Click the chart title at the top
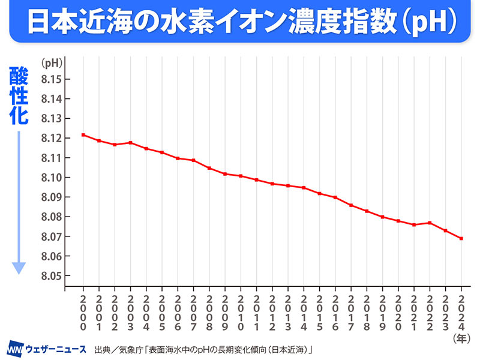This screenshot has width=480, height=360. click(240, 22)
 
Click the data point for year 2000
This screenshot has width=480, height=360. click(83, 135)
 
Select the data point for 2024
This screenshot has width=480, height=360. click(461, 238)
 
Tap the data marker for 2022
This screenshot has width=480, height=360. click(430, 223)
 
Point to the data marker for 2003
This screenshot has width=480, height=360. click(131, 143)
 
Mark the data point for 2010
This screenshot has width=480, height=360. click(241, 176)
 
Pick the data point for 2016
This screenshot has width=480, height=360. click(335, 197)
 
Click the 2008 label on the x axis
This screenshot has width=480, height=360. click(209, 313)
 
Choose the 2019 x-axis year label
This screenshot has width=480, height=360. click(383, 313)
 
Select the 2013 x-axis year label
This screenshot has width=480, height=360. click(288, 313)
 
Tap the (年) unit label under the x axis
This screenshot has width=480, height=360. click(460, 338)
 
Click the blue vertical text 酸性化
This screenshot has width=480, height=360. click(19, 96)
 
